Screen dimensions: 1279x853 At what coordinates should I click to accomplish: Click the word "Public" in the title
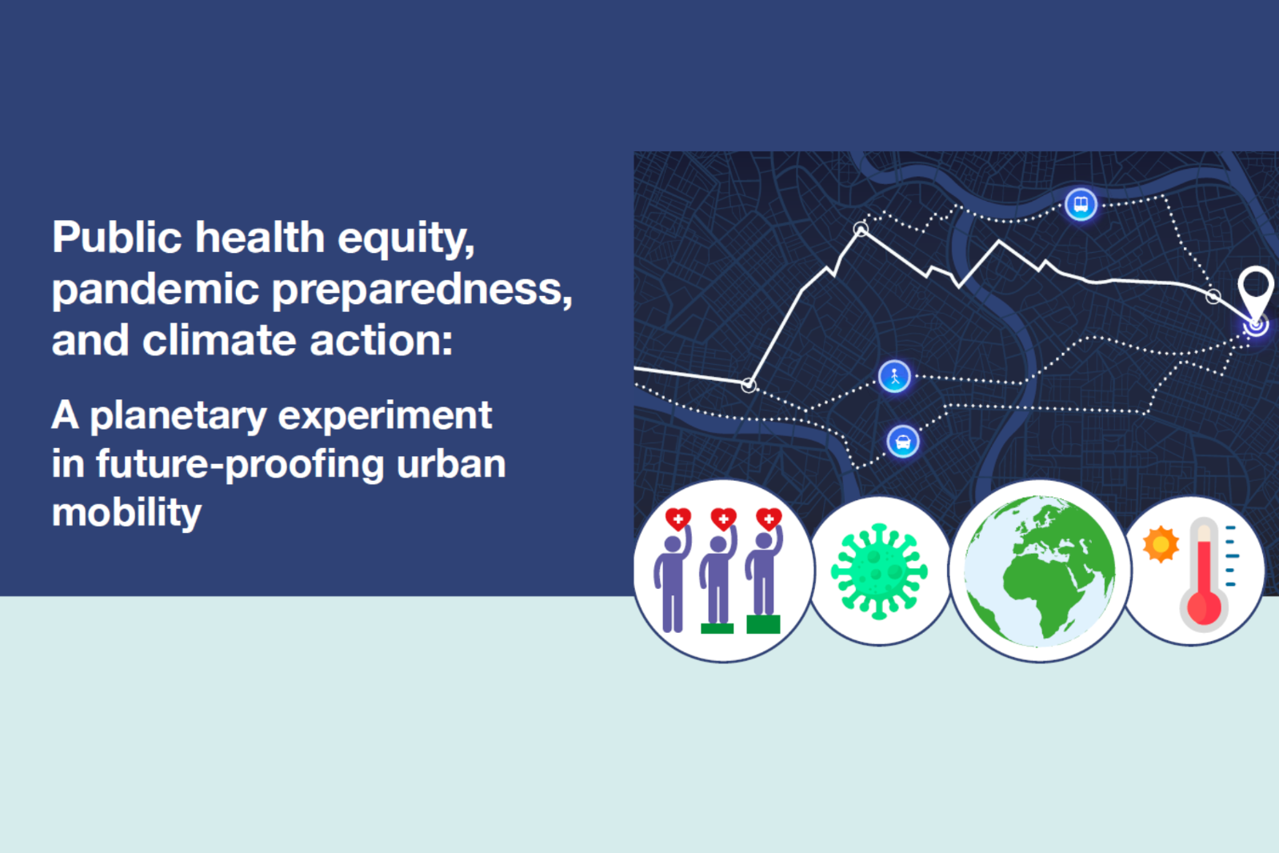[x=117, y=237]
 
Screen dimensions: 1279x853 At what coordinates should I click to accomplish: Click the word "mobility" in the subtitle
[x=126, y=512]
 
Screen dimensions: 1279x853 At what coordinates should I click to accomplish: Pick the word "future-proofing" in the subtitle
[x=241, y=465]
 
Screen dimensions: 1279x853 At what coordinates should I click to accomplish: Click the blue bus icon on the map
[x=1081, y=204]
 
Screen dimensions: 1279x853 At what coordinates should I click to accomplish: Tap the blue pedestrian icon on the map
[x=894, y=377]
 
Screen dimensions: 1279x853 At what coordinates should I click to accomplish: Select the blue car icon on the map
[x=903, y=442]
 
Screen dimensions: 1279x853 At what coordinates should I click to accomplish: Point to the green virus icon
[x=879, y=572]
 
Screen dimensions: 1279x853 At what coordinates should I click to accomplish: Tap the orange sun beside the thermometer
[x=1161, y=544]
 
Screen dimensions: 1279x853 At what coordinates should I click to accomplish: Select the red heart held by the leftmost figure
[x=678, y=519]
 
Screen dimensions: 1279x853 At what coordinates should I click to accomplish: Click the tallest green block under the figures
[x=763, y=624]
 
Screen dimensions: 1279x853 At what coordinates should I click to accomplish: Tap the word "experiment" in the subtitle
[x=385, y=417]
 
